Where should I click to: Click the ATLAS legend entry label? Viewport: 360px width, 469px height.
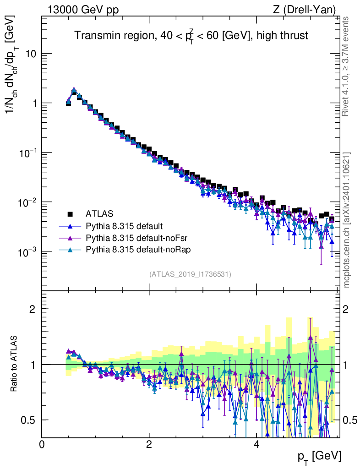[x=99, y=214]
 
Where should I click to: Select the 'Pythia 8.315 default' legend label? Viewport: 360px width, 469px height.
[x=124, y=226]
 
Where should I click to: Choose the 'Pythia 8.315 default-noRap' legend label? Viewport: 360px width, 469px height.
[x=138, y=250]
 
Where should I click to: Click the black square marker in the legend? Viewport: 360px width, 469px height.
[x=70, y=214]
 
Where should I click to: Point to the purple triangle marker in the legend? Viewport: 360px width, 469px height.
[x=70, y=238]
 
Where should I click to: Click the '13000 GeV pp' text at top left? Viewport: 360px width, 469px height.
[x=83, y=10]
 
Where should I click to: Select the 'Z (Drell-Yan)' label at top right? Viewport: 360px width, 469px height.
[x=304, y=10]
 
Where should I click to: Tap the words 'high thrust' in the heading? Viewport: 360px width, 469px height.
[x=282, y=35]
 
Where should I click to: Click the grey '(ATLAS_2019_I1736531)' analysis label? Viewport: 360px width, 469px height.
[x=190, y=274]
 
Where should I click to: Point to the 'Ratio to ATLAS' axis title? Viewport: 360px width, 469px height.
[x=13, y=364]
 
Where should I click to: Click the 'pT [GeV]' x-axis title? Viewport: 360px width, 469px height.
[x=319, y=457]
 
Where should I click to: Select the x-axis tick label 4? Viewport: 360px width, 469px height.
[x=256, y=444]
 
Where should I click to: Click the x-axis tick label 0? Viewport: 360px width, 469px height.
[x=42, y=444]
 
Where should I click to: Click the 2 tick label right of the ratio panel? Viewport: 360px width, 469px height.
[x=346, y=309]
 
